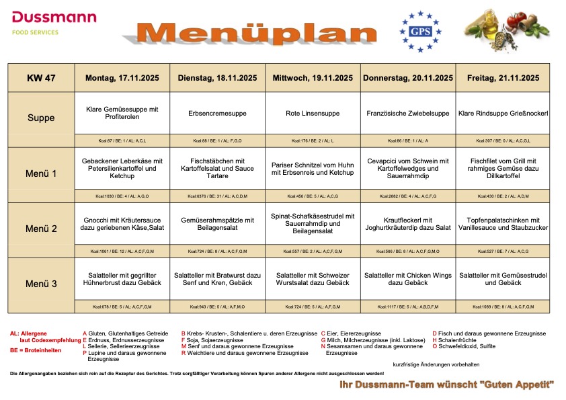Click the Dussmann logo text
[x=54, y=17]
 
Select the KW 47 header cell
[x=41, y=78]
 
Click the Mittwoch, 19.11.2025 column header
[x=313, y=78]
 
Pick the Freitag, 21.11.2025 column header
[x=503, y=78]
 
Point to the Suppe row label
[x=41, y=118]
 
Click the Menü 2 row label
[x=41, y=229]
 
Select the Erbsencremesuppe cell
[x=218, y=114]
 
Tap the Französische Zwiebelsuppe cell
[x=408, y=114]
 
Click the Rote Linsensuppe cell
[x=313, y=114]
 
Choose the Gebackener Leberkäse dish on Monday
[x=122, y=168]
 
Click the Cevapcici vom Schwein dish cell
[x=408, y=168]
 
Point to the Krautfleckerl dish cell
[x=408, y=224]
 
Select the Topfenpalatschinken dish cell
[x=503, y=224]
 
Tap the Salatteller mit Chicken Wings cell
[x=408, y=279]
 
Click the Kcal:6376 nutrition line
[x=218, y=196]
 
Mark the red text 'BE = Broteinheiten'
[x=36, y=351]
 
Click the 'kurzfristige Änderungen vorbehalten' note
[x=436, y=364]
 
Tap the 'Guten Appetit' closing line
[x=446, y=384]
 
